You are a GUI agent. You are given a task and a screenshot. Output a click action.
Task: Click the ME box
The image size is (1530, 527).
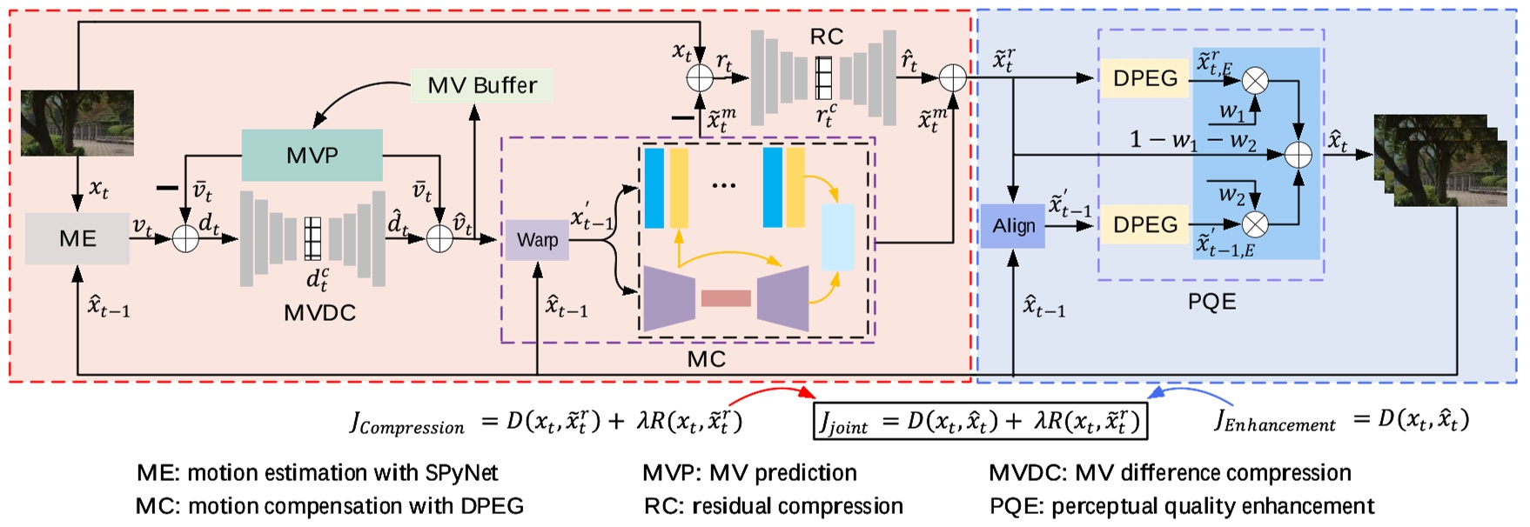point(77,238)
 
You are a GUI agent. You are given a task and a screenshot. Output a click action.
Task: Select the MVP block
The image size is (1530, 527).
point(312,156)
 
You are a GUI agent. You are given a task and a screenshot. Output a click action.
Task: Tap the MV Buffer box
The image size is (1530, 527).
point(481,85)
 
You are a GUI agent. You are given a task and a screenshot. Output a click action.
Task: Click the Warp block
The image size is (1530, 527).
point(537,240)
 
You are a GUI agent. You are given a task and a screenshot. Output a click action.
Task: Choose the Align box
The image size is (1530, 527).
point(1013,226)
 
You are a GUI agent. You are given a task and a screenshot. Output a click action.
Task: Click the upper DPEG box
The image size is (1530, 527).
point(1144,78)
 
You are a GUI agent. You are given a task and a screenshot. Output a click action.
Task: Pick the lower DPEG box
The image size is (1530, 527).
point(1144,224)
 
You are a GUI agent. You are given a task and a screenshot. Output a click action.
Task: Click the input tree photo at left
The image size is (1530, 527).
point(77,123)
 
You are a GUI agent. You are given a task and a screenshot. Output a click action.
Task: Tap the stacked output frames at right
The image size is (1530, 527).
point(1440,161)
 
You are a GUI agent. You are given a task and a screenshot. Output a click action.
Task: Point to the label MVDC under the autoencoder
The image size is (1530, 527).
point(319,313)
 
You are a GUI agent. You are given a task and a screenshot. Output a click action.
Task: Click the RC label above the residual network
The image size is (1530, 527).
point(826,37)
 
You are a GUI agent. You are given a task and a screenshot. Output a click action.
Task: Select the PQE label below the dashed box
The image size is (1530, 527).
point(1211,302)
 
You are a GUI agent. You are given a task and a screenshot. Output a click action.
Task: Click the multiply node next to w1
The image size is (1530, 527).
point(1254,81)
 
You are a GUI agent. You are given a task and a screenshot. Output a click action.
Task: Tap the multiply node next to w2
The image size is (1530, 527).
point(1254,224)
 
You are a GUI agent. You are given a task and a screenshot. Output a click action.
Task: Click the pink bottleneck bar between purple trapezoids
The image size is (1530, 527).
point(725,298)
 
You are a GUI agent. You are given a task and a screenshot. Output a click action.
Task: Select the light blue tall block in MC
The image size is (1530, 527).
point(837,237)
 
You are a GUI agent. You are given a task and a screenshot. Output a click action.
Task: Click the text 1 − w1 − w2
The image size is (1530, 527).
point(1192,140)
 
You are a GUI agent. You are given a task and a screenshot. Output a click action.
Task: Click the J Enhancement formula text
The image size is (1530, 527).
point(1341,421)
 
